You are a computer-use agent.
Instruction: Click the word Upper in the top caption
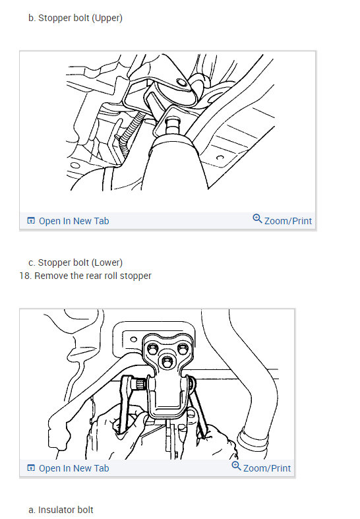point(107,18)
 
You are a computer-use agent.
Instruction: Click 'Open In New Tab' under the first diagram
point(74,221)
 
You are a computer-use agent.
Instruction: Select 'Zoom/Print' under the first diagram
point(288,221)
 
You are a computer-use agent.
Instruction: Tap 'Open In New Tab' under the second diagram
point(74,468)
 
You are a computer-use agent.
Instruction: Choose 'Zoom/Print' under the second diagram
point(266,468)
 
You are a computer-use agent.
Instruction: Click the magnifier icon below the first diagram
point(257,218)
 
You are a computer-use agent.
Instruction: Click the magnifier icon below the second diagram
point(236,466)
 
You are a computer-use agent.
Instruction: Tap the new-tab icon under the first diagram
point(31,220)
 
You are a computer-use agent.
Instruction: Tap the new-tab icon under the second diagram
point(31,468)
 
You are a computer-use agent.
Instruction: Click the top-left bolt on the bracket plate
point(152,349)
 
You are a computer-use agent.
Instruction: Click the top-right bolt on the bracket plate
point(183,349)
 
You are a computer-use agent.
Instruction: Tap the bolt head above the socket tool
point(173,126)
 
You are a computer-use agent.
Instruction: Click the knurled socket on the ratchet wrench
point(138,384)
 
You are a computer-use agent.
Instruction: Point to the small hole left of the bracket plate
point(134,339)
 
